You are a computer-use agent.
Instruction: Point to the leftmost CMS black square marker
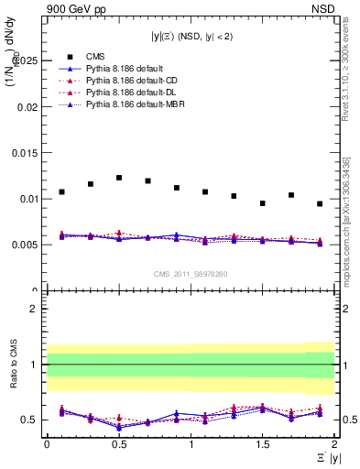[61, 192]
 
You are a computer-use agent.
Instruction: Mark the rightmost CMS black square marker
[320, 203]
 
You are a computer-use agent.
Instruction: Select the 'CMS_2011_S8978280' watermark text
[190, 273]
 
